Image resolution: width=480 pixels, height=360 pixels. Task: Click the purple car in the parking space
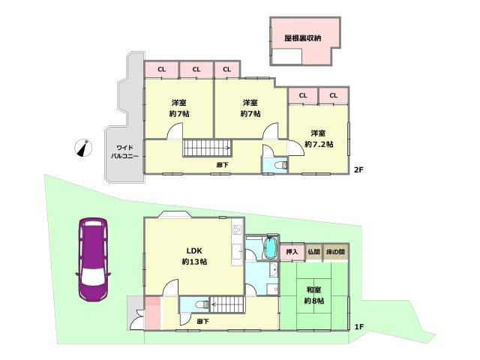click(93, 260)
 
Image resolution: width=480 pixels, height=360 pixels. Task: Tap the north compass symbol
click(83, 148)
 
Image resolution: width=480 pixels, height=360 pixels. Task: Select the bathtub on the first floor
click(270, 247)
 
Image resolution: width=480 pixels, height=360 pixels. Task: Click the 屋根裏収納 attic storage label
click(302, 38)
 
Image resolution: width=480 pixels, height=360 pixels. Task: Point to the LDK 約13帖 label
click(194, 256)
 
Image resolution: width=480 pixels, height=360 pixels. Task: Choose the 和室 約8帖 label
click(314, 295)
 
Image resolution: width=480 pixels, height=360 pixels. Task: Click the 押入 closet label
click(292, 252)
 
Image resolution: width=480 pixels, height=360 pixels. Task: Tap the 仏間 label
click(313, 252)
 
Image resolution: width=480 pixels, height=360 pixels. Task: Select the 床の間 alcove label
click(335, 252)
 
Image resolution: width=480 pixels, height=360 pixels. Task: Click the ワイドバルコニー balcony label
click(124, 151)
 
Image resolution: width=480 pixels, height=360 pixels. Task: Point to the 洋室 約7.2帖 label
click(319, 139)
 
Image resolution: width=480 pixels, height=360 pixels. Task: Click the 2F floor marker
click(358, 169)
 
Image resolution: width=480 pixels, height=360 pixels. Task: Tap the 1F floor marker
click(359, 327)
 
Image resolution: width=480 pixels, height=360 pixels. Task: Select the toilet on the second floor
click(280, 165)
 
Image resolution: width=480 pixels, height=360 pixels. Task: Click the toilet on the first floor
click(202, 304)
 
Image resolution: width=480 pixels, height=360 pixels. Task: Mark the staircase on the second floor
click(208, 148)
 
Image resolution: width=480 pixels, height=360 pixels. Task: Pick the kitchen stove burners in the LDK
click(237, 229)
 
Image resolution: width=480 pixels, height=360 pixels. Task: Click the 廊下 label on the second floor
click(223, 165)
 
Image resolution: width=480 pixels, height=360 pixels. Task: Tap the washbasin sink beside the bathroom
click(273, 270)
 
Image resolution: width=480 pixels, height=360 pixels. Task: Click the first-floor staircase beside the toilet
click(226, 304)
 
